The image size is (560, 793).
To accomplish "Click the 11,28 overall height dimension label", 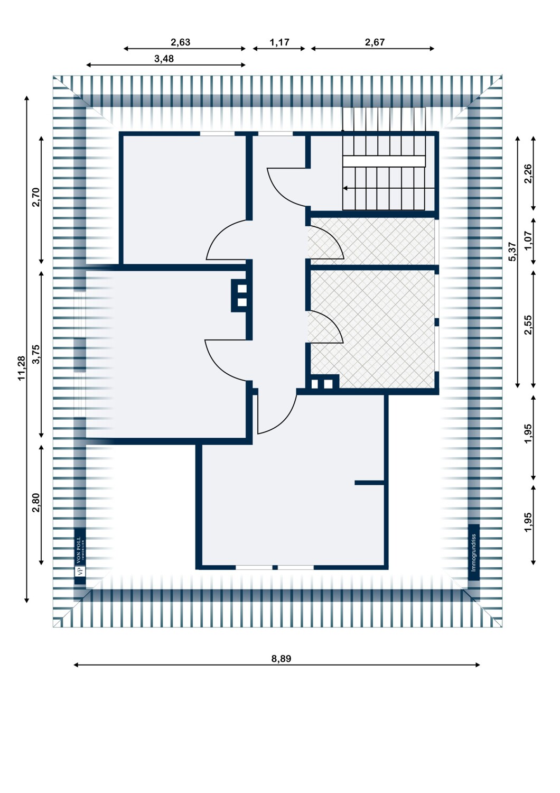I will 22,367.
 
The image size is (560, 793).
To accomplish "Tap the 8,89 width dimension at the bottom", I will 281,659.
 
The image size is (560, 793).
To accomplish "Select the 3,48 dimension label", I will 164,59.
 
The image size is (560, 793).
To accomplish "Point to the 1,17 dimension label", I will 279,42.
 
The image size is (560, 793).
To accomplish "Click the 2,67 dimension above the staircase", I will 375,42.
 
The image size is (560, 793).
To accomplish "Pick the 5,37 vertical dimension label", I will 512,252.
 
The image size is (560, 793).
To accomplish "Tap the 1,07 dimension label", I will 528,241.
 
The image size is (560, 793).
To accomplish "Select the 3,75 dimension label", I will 36,354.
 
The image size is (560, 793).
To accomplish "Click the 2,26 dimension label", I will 528,174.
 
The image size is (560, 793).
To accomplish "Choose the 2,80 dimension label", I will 36,503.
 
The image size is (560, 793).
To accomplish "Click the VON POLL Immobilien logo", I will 80,556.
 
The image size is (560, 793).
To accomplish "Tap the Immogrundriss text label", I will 474,552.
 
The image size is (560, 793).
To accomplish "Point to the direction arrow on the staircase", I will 346,188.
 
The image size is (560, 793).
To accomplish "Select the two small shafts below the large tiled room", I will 322,384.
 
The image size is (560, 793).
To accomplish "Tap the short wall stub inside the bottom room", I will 370,483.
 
